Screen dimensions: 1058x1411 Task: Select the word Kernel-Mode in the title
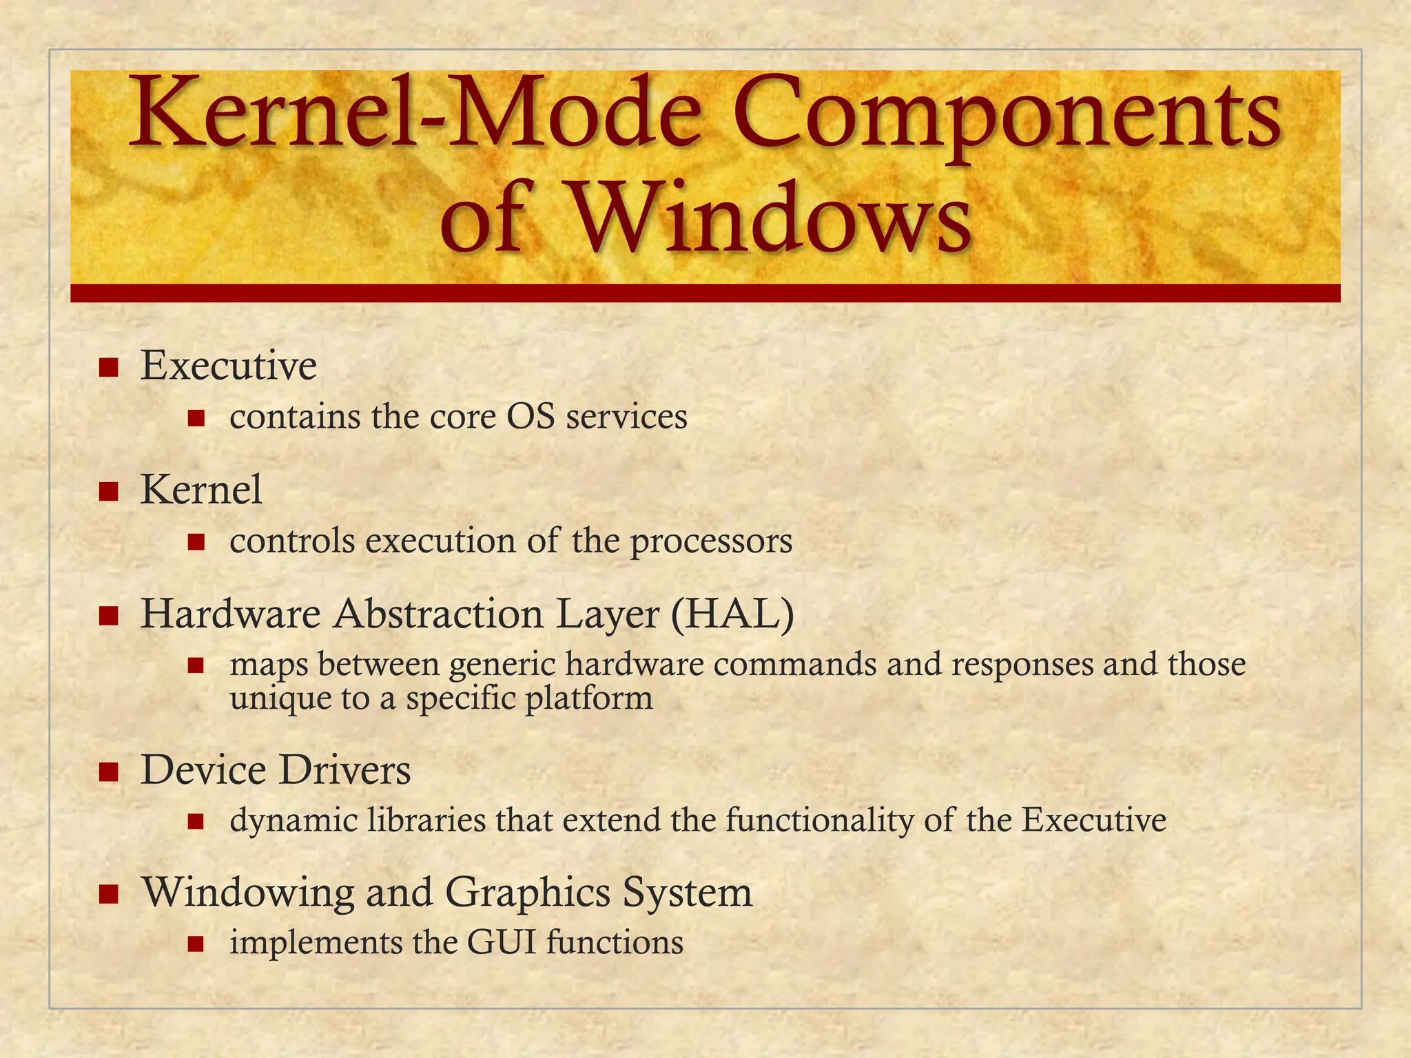pos(413,114)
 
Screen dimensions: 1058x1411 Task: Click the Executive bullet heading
pos(229,366)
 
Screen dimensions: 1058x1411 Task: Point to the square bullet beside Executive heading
pos(108,367)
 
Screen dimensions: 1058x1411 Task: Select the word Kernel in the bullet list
pos(201,490)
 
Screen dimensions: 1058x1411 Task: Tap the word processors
pos(711,541)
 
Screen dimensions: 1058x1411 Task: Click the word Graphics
pos(528,893)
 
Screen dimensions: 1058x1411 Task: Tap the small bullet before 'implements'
pos(196,943)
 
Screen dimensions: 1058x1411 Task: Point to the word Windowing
pos(248,893)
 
